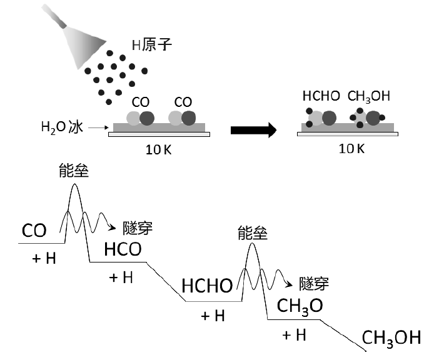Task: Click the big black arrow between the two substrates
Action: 253,130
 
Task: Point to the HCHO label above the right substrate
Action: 321,96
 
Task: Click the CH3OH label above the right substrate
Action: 369,96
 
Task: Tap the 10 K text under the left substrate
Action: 158,149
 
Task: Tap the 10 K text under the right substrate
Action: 349,149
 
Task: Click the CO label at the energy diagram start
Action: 34,230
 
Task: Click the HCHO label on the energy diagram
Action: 207,285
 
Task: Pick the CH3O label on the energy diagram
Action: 300,306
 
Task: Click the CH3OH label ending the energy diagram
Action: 391,338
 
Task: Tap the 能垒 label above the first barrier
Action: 74,170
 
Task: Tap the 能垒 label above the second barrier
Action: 253,232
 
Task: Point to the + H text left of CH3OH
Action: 294,336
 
